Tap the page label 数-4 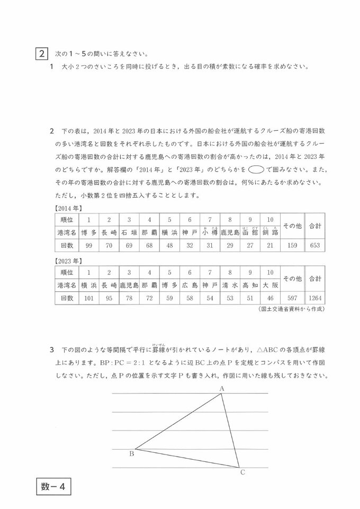click(x=53, y=486)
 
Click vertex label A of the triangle click(x=222, y=388)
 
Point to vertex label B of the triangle click(x=132, y=453)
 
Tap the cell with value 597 click(x=291, y=298)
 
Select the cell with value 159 click(x=291, y=246)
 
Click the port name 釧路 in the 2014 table click(x=270, y=232)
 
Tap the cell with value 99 click(x=89, y=246)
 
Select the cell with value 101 click(x=89, y=298)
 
